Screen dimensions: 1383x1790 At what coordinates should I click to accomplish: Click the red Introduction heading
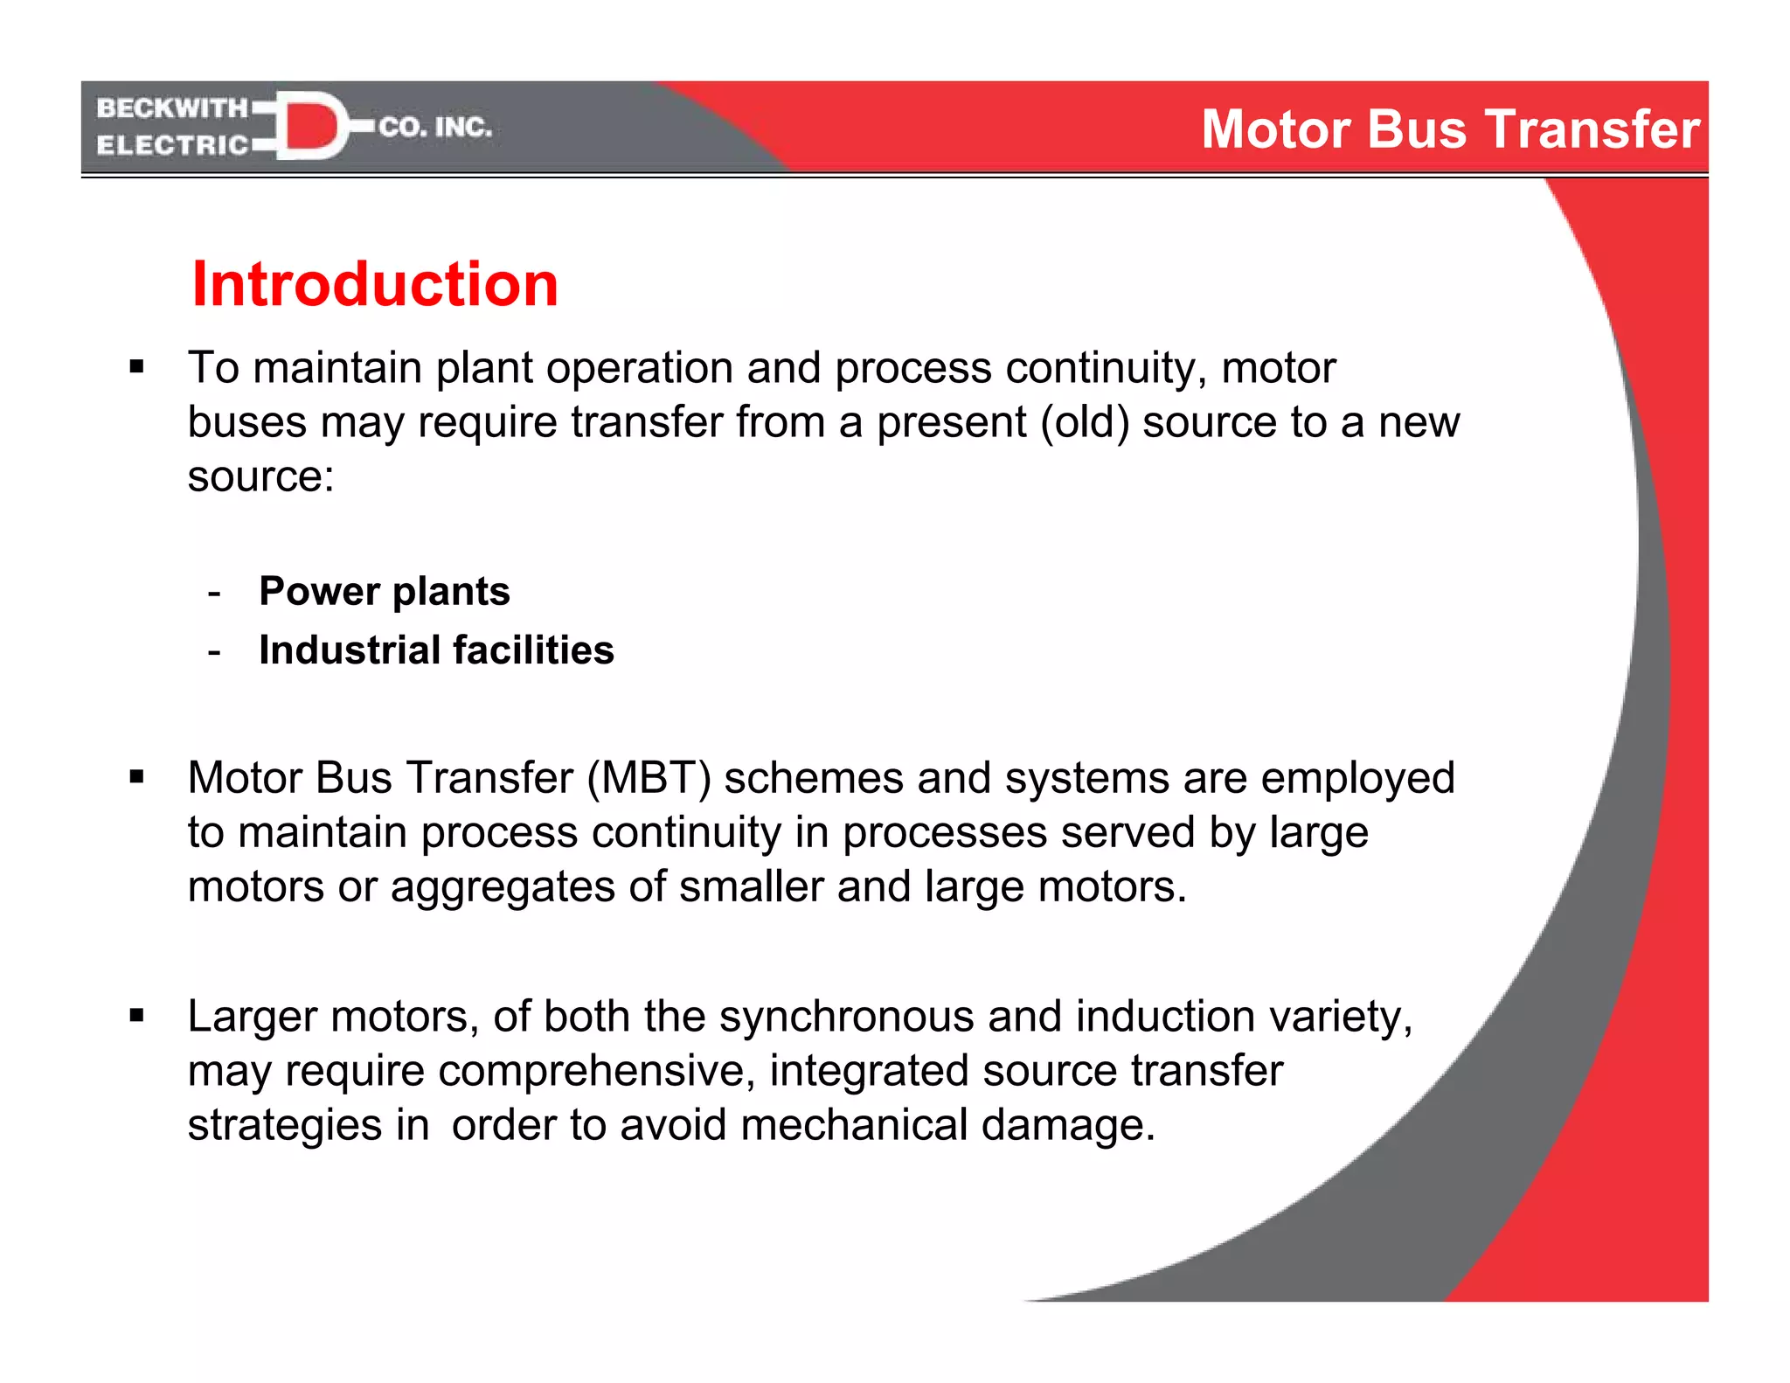(374, 285)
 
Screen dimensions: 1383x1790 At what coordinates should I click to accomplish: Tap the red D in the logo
(310, 127)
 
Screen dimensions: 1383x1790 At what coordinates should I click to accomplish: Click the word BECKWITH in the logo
(172, 108)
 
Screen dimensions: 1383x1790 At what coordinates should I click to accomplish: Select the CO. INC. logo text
(435, 128)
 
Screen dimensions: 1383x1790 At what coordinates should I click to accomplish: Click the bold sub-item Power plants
(385, 592)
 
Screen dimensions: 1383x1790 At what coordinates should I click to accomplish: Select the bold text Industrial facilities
(436, 650)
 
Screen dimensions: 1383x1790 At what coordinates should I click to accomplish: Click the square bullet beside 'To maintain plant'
(136, 366)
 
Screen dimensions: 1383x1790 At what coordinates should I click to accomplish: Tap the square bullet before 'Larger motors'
(136, 1016)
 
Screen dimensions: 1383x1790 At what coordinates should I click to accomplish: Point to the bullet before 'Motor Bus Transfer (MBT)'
(136, 776)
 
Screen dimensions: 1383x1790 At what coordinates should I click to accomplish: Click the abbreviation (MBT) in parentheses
(649, 778)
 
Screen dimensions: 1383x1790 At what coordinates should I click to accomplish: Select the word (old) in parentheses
(1084, 422)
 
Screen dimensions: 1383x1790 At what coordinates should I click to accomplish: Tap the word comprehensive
(596, 1071)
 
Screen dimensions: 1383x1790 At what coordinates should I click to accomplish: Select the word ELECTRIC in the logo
(172, 145)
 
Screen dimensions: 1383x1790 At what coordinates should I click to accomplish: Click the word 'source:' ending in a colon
(260, 477)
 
